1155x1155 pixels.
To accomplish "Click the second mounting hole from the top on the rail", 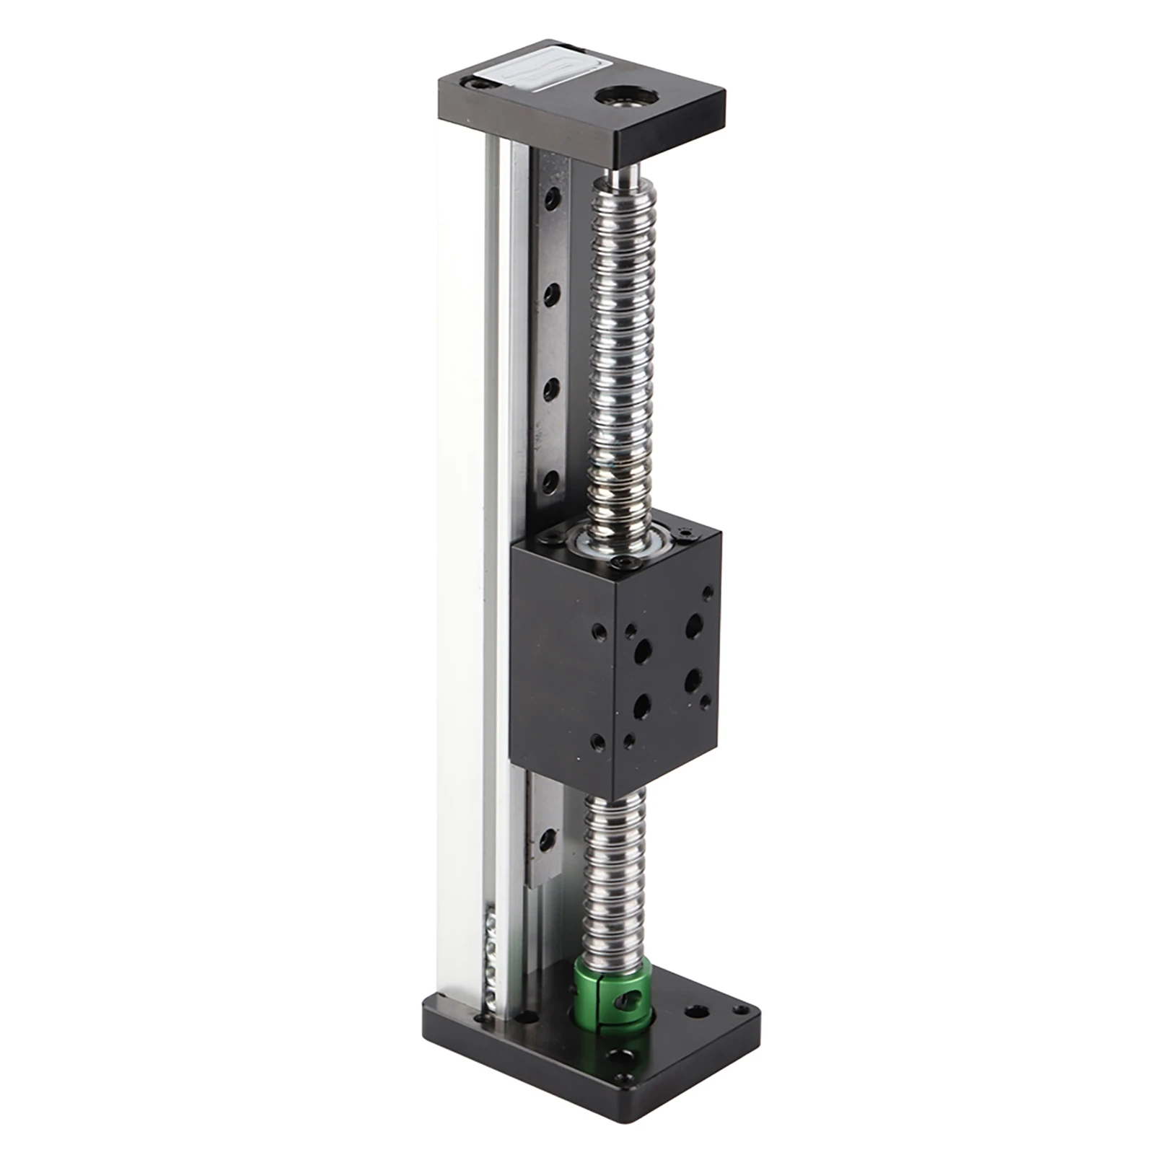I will (553, 294).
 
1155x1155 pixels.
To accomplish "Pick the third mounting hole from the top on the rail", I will (552, 390).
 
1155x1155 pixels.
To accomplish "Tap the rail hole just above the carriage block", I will (552, 480).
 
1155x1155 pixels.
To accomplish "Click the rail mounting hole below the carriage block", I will (550, 838).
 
